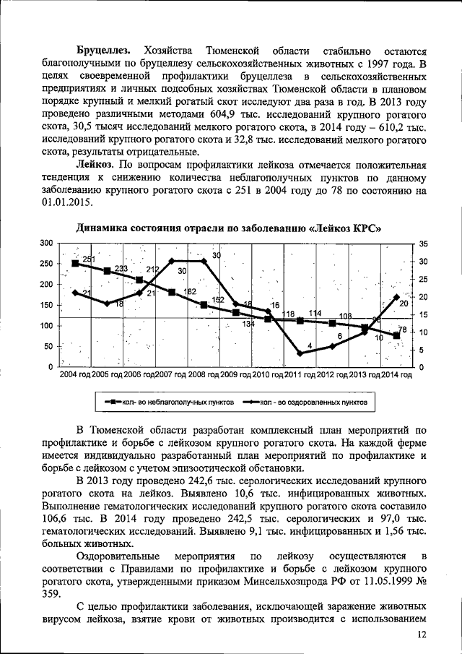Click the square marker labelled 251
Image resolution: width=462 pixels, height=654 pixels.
pos(75,263)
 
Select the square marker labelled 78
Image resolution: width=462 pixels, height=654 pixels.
pos(396,335)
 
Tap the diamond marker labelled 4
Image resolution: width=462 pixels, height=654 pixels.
pos(300,353)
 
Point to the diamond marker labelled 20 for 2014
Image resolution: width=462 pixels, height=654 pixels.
pos(396,296)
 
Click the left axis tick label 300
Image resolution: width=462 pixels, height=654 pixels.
pos(47,243)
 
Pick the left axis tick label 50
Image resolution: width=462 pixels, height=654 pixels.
pos(49,347)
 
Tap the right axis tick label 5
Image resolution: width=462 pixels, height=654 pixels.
pos(421,350)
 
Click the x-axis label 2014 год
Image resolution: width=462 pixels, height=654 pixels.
pos(396,374)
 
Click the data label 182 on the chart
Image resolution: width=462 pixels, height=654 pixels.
pos(190,291)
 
